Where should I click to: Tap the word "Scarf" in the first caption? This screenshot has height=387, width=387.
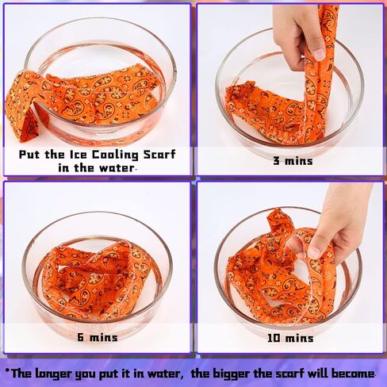(x=159, y=155)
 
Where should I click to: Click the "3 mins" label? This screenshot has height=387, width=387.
(x=293, y=161)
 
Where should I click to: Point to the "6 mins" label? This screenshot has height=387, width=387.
(x=98, y=337)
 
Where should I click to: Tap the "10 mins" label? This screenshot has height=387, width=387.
(x=290, y=338)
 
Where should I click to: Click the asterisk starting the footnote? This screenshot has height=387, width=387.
(x=7, y=371)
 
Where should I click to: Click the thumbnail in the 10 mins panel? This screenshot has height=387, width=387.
(x=314, y=251)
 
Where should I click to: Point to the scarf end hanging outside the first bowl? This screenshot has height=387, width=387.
(x=23, y=105)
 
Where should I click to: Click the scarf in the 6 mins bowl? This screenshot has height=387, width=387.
(x=97, y=279)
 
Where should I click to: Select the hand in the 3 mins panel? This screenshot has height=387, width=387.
(x=299, y=34)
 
